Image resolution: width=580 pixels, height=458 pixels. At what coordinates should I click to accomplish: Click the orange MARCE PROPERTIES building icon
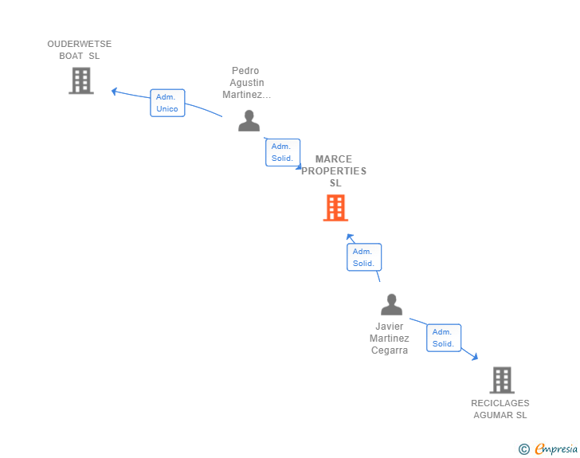[335, 208]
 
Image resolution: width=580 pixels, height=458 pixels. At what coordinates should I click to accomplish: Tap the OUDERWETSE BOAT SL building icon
[81, 80]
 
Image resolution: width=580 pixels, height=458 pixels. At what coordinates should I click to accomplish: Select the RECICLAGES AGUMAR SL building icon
[502, 380]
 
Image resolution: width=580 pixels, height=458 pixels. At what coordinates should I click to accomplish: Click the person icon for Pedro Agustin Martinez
[249, 120]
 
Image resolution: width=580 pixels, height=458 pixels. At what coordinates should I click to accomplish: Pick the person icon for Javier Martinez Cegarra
[391, 304]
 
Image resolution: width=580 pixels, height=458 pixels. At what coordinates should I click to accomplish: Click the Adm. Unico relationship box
[167, 103]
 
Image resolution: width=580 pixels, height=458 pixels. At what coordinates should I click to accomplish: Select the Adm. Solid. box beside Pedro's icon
[283, 152]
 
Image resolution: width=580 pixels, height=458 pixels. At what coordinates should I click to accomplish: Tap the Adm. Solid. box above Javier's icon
[364, 257]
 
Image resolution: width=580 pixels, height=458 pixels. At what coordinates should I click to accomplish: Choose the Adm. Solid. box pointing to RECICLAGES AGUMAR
[444, 338]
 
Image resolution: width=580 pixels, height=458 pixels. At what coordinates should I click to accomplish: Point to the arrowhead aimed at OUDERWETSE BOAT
[114, 91]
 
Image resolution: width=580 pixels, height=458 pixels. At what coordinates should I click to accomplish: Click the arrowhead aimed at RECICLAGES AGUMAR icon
[475, 357]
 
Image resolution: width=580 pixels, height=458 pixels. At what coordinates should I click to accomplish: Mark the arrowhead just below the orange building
[350, 237]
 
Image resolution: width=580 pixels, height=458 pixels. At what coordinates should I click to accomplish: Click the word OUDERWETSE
[80, 44]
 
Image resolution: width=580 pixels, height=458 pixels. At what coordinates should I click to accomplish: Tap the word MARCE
[334, 159]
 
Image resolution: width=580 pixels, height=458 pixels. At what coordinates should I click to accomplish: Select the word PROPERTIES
[334, 171]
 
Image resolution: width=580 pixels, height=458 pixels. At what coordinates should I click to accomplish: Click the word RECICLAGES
[500, 403]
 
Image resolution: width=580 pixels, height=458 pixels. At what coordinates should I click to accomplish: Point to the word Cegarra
[390, 350]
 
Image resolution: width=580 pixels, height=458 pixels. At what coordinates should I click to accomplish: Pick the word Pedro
[245, 71]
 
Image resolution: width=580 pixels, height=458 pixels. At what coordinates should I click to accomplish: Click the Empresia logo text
[556, 449]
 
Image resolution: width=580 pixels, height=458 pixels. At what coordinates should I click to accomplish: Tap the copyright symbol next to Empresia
[524, 449]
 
